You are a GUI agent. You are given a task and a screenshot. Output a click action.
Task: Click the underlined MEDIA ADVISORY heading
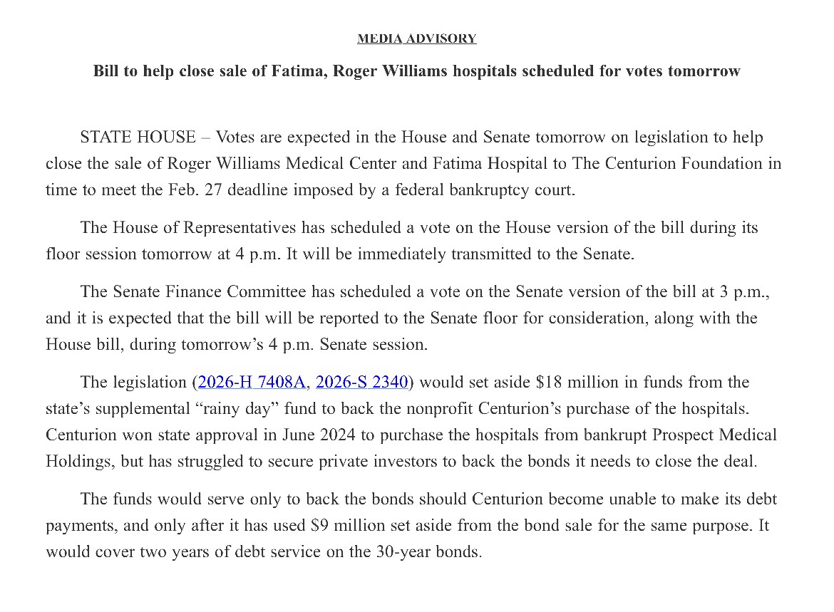tap(416, 38)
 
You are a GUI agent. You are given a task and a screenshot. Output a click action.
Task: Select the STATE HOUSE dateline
tap(138, 137)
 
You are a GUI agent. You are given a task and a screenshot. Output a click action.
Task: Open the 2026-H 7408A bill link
tap(252, 382)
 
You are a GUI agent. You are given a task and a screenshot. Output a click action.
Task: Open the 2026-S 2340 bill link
tap(361, 382)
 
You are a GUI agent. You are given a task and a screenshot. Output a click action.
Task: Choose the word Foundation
tap(716, 163)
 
